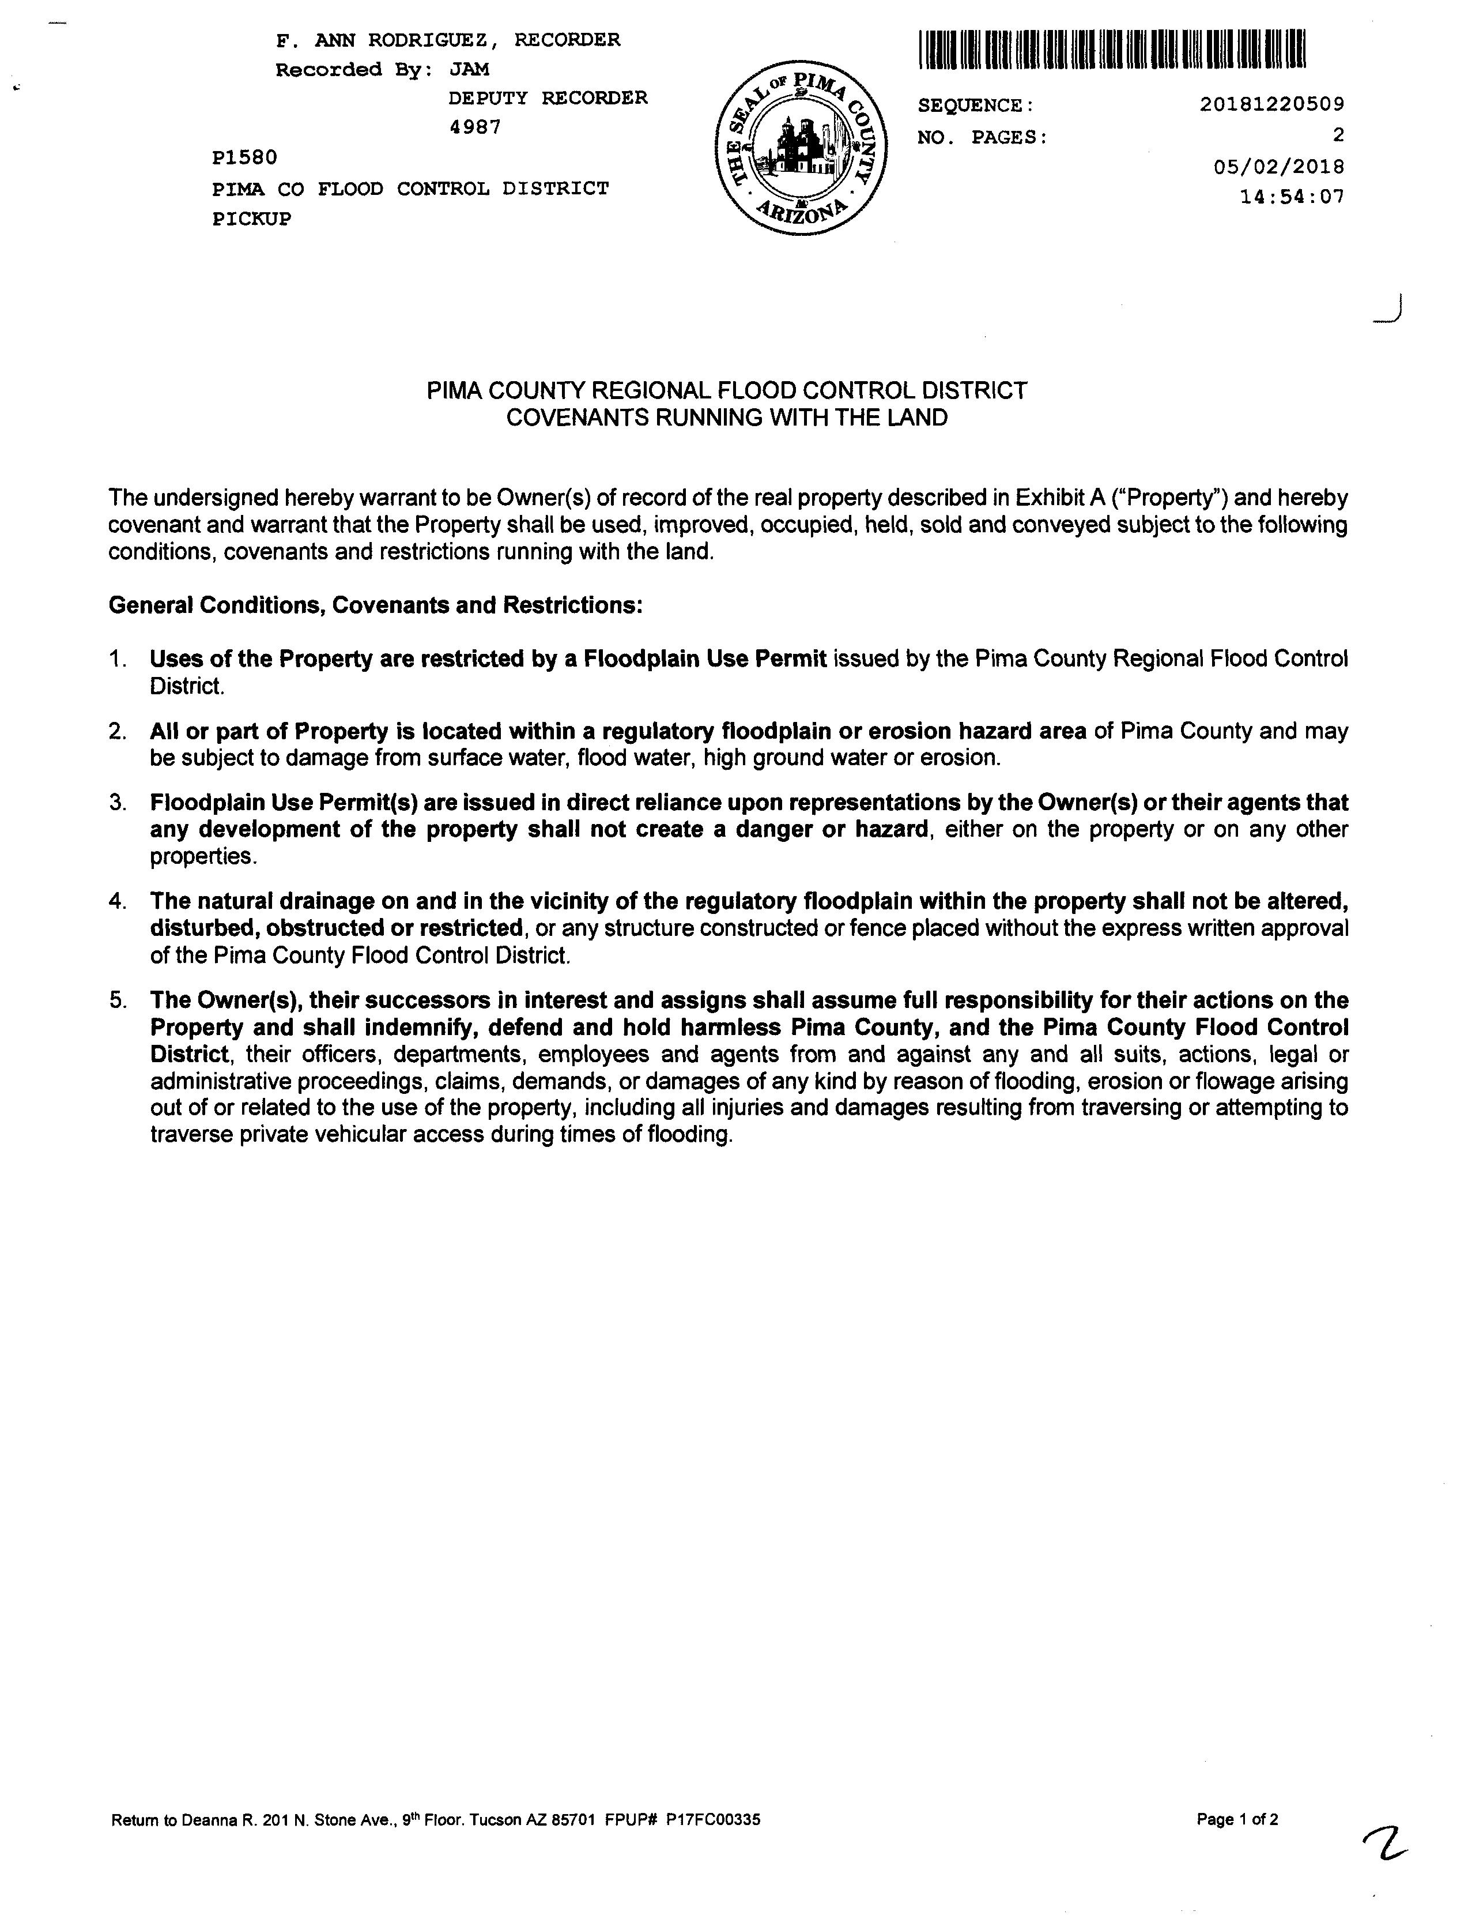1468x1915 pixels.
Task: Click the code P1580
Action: [244, 158]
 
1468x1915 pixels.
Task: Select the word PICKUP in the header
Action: [252, 219]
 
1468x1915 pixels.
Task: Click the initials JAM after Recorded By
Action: [469, 70]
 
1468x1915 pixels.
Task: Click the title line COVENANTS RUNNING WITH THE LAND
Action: [727, 418]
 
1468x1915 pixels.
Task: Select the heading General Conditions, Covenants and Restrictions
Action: [376, 605]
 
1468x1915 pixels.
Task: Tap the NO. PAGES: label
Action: [982, 137]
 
